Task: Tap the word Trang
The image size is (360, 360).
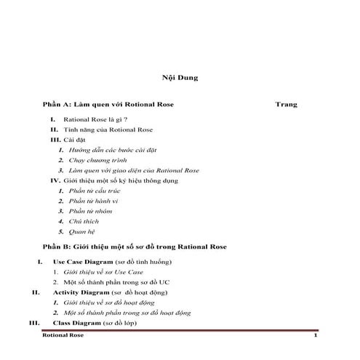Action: [287, 105]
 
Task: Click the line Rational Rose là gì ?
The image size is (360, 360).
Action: [96, 119]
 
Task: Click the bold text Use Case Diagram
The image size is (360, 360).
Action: [83, 260]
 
